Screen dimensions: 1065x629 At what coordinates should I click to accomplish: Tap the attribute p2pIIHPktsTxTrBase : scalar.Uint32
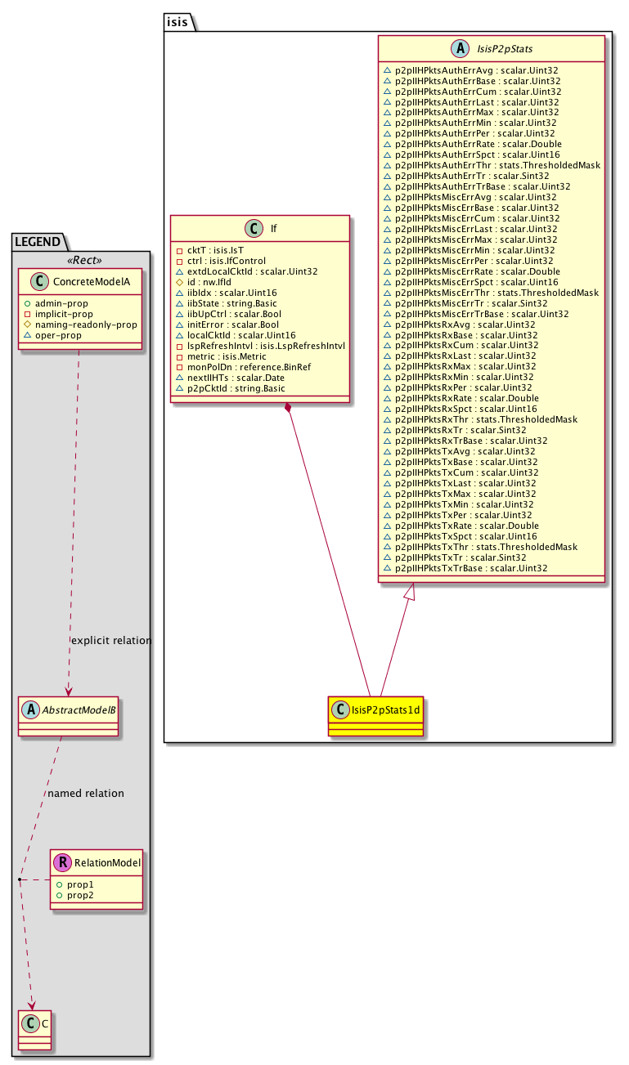point(471,567)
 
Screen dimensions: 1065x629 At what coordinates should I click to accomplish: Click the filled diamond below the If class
point(288,408)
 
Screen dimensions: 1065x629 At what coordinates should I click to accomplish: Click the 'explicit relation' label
point(112,641)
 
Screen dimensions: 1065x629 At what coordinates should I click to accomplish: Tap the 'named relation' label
point(86,793)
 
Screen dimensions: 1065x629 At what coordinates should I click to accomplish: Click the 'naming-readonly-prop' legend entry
point(86,324)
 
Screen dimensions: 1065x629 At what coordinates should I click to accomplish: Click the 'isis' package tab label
point(178,22)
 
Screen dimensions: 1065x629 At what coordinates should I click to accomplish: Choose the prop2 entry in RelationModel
point(80,896)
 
